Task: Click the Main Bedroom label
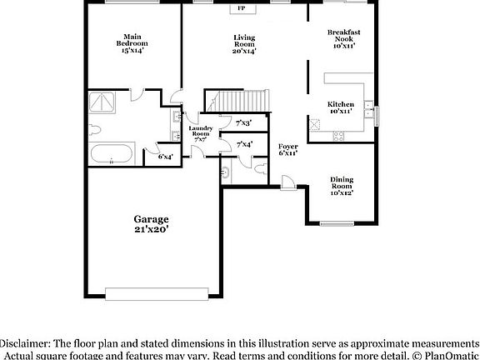[x=131, y=43]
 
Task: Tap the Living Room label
[x=243, y=43]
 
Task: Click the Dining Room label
[x=342, y=186]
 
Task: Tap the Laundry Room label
[x=201, y=133]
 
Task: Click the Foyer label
[x=287, y=149]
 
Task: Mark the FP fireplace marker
[x=242, y=8]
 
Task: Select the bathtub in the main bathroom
[x=111, y=154]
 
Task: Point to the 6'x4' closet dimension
[x=165, y=156]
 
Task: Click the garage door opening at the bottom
[x=162, y=292]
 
